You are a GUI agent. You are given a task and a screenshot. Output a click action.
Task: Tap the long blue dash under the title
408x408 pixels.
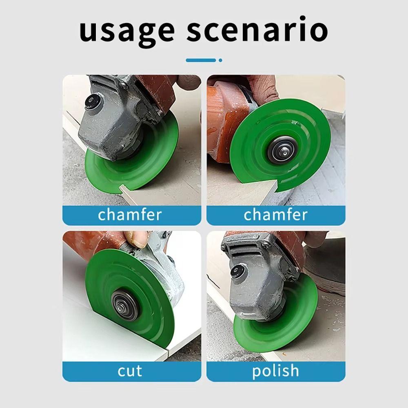coord(200,60)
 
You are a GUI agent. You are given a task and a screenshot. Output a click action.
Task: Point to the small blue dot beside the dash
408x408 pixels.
coord(220,60)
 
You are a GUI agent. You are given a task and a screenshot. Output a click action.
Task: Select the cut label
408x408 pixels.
coord(130,371)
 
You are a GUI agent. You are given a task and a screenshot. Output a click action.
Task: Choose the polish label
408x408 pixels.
coord(275,371)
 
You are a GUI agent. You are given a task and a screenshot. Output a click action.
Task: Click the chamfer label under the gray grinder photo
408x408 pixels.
coord(130,215)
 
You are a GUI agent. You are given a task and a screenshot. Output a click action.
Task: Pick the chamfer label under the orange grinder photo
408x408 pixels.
coord(275,215)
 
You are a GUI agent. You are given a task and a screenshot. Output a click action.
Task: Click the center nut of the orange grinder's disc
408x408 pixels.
coord(277,151)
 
